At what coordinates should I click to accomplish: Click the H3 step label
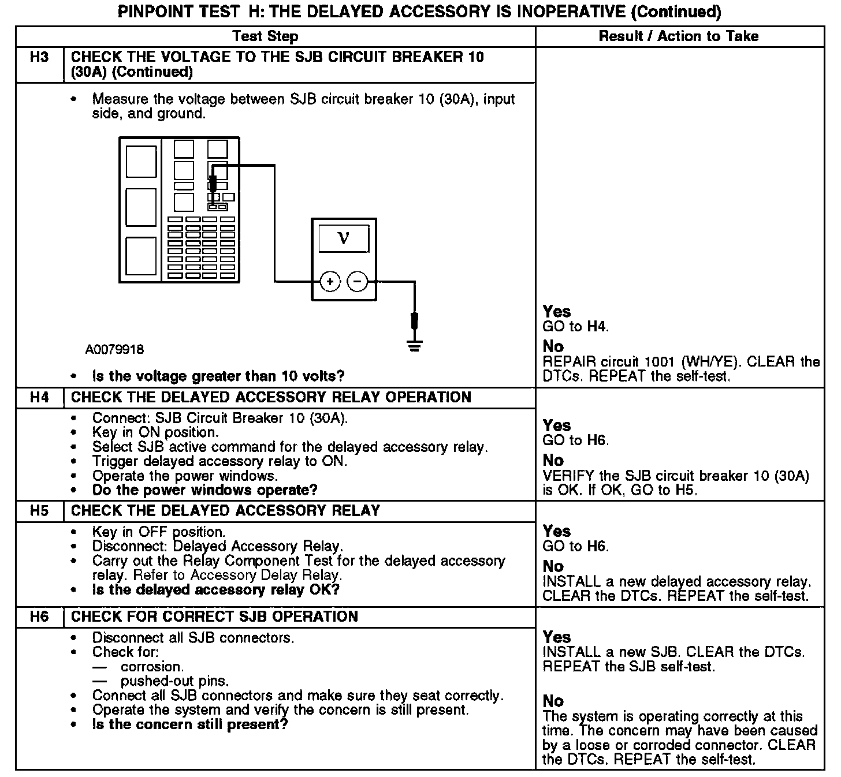tap(39, 57)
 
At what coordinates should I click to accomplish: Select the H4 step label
tap(39, 398)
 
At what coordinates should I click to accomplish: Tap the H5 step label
tap(39, 511)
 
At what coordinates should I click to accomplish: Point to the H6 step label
tap(39, 617)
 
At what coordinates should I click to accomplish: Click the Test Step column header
tap(265, 36)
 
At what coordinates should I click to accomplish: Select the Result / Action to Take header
tap(678, 36)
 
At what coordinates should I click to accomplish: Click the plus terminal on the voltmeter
tap(330, 282)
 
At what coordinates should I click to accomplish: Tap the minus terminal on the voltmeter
tap(358, 282)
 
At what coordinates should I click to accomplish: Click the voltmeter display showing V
tap(344, 237)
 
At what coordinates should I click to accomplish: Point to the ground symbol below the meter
tap(414, 346)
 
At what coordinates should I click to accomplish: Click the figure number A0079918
tap(115, 349)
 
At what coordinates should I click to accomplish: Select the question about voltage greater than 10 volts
tap(218, 376)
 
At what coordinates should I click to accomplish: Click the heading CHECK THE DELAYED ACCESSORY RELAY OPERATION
tap(271, 398)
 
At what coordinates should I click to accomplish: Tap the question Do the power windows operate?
tap(204, 490)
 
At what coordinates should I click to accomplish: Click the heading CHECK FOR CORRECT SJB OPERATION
tap(214, 617)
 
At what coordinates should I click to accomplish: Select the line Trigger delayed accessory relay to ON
tap(219, 461)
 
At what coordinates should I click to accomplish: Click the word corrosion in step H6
tap(152, 667)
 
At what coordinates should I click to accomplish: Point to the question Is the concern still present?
tap(189, 724)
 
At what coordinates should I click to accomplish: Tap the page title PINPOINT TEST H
tap(419, 12)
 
